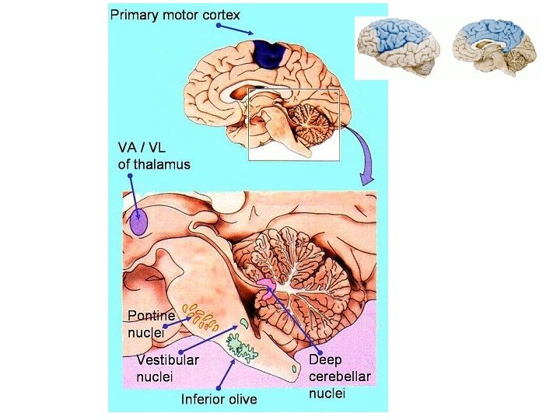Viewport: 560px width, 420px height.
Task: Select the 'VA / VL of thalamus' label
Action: tap(154, 155)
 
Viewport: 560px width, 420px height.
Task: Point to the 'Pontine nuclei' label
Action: tap(151, 324)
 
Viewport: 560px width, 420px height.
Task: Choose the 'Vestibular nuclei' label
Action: tap(167, 367)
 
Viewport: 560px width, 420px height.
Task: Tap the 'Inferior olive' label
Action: tap(219, 400)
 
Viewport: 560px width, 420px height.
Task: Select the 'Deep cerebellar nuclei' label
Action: tap(339, 376)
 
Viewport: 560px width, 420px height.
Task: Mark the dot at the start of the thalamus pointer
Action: tap(130, 177)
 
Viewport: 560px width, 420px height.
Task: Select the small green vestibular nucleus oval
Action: tap(243, 322)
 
